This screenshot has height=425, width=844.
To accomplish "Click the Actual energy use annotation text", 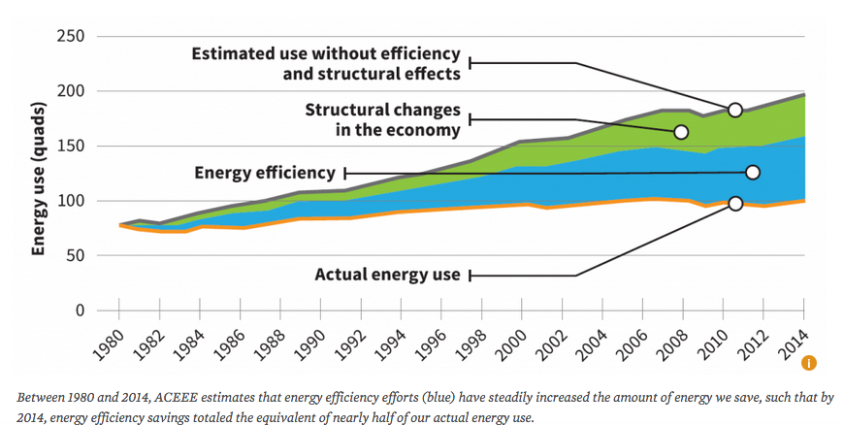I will click(x=387, y=275).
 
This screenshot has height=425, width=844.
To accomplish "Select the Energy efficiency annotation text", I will click(x=264, y=173).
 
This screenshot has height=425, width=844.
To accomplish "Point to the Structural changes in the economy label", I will click(x=382, y=120).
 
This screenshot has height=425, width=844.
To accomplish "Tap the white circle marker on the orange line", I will click(x=735, y=203).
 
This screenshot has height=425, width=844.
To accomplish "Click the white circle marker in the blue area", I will click(x=753, y=172).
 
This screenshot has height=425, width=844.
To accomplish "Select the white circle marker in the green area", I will click(x=681, y=132).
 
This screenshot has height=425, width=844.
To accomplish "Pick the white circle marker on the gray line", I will click(x=735, y=110).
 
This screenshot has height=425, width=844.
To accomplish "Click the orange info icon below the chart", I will click(x=809, y=363).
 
